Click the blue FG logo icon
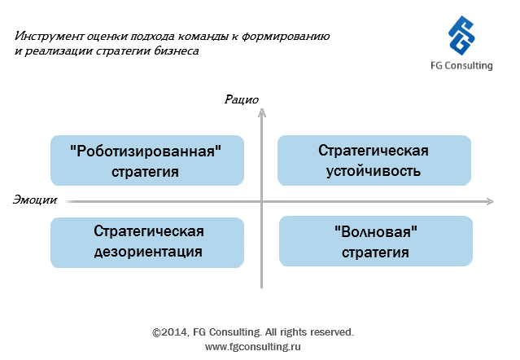pyautogui.click(x=461, y=35)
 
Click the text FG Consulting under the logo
pyautogui.click(x=461, y=66)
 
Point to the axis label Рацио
pyautogui.click(x=242, y=99)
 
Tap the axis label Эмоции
pyautogui.click(x=35, y=200)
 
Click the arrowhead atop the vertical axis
pyautogui.click(x=262, y=112)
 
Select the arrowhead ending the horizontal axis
pyautogui.click(x=490, y=201)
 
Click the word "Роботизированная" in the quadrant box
pyautogui.click(x=146, y=151)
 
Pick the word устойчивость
pyautogui.click(x=374, y=171)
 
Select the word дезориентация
pyautogui.click(x=148, y=252)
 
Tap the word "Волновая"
pyautogui.click(x=376, y=231)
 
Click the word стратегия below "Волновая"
pyautogui.click(x=375, y=252)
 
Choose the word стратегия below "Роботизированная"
pyautogui.click(x=145, y=172)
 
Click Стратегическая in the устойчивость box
pyautogui.click(x=374, y=151)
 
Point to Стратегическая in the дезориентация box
pyautogui.click(x=149, y=231)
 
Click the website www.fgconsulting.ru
pyautogui.click(x=253, y=347)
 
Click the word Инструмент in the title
pyautogui.click(x=49, y=36)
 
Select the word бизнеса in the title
pyautogui.click(x=176, y=51)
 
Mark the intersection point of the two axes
pyautogui.click(x=262, y=201)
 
